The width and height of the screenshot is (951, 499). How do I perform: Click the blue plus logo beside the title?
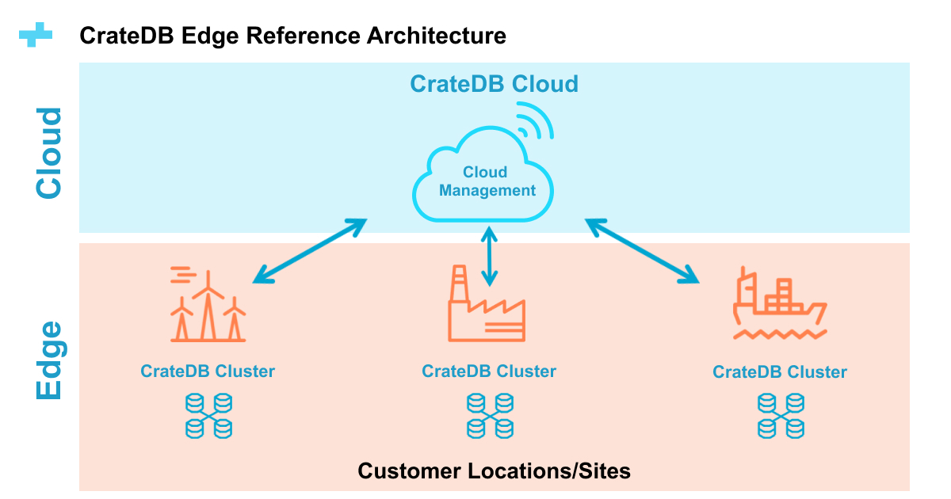(x=36, y=36)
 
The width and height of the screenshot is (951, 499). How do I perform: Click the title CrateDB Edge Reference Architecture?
(x=292, y=36)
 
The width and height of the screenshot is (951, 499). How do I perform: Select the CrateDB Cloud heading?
(x=494, y=84)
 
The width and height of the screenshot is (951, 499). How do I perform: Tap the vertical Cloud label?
(x=49, y=153)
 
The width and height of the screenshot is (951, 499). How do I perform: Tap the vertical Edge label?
(x=49, y=360)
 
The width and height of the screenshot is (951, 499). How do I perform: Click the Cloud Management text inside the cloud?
(x=487, y=181)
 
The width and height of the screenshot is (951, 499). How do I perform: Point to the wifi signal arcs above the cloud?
(x=535, y=124)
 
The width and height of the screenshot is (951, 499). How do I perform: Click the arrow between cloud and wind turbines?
(x=309, y=250)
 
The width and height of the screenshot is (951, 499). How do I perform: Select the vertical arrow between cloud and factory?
(x=490, y=255)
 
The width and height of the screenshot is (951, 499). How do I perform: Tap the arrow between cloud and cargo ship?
(x=642, y=250)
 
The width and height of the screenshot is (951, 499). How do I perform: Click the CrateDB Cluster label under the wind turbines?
(x=208, y=371)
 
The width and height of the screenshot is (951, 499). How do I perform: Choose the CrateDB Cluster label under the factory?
(x=489, y=371)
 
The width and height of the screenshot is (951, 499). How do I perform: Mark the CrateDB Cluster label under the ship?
(x=780, y=372)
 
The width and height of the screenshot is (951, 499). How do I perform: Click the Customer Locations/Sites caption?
(x=494, y=471)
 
